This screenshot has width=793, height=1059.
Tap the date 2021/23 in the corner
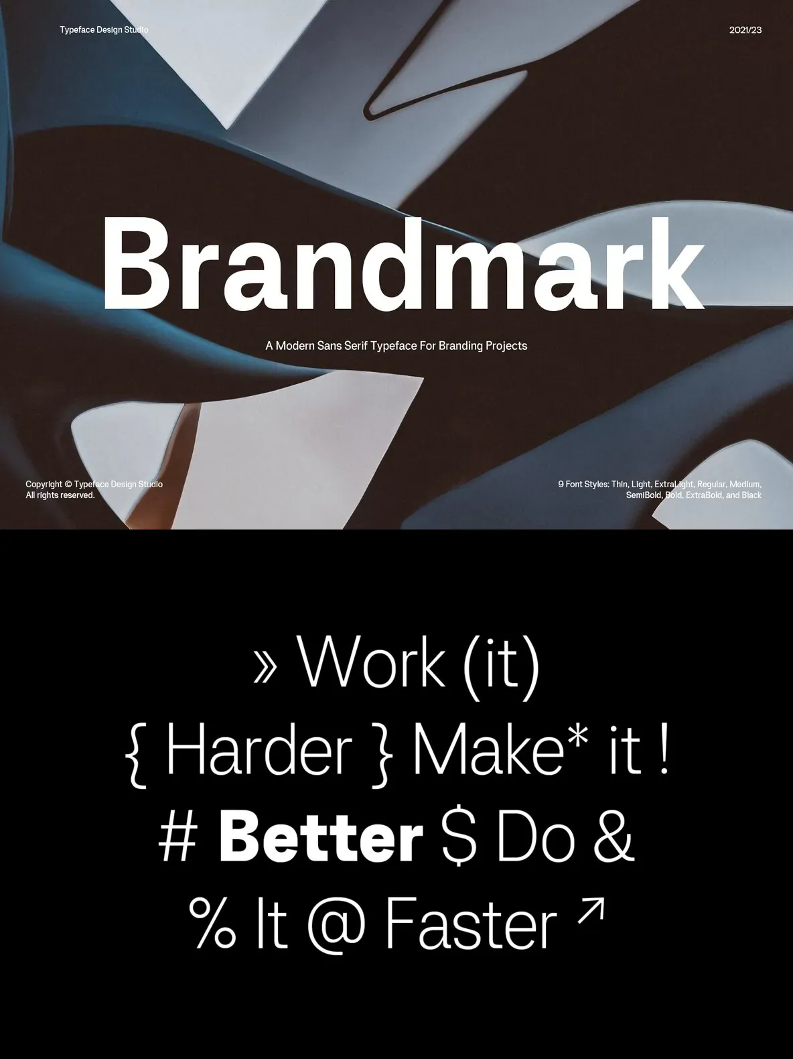pyautogui.click(x=745, y=30)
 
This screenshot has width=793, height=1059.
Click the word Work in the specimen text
pyautogui.click(x=371, y=662)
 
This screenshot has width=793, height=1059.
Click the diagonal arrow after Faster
pyautogui.click(x=591, y=912)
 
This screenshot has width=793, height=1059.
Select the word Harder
pyautogui.click(x=259, y=749)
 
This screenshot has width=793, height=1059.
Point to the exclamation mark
pyautogui.click(x=665, y=749)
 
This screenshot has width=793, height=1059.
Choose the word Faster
pyautogui.click(x=471, y=923)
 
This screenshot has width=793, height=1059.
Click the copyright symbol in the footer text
pyautogui.click(x=68, y=484)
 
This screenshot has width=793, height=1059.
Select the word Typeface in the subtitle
pyautogui.click(x=390, y=346)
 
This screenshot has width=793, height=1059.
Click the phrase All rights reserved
pyautogui.click(x=60, y=495)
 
